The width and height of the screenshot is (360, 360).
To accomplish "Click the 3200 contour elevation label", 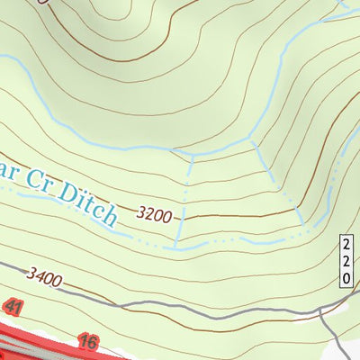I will pos(154,215).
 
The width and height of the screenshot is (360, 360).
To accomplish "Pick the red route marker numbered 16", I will pos(87,341).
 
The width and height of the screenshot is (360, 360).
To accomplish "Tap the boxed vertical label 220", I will pos(347,260).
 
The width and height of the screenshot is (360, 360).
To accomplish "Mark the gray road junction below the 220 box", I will pos(321,311).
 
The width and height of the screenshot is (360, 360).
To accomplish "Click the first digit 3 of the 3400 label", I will pos(31,271).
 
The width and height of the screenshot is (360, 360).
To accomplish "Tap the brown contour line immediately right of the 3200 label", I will pos(216,216).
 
